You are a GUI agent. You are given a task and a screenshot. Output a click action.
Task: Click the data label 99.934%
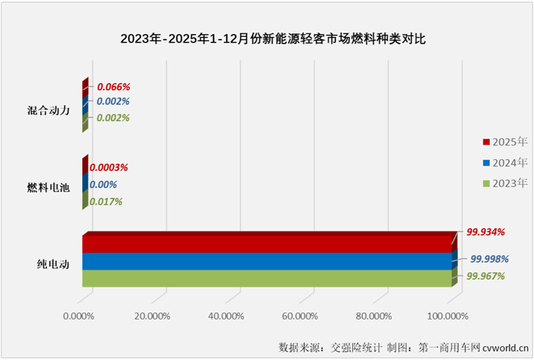pyautogui.click(x=486, y=232)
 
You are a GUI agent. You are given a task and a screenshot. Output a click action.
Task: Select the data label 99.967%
pyautogui.click(x=485, y=276)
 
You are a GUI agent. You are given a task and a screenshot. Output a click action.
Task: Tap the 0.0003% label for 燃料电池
pyautogui.click(x=109, y=167)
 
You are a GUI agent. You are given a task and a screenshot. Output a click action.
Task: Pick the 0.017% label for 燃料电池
pyautogui.click(x=107, y=202)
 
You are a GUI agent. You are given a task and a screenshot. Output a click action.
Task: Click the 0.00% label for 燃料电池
pyautogui.click(x=103, y=185)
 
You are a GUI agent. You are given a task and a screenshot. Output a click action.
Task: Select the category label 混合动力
pyautogui.click(x=49, y=110)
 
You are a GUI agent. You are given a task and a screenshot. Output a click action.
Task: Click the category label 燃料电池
pyautogui.click(x=48, y=187)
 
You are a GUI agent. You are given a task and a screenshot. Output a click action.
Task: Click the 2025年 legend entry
pyautogui.click(x=504, y=142)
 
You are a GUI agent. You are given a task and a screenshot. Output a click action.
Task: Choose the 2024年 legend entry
pyautogui.click(x=504, y=163)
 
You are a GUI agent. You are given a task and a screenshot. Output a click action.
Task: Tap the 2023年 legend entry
pyautogui.click(x=504, y=184)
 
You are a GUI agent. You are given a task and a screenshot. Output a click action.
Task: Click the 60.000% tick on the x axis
pyautogui.click(x=299, y=316)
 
